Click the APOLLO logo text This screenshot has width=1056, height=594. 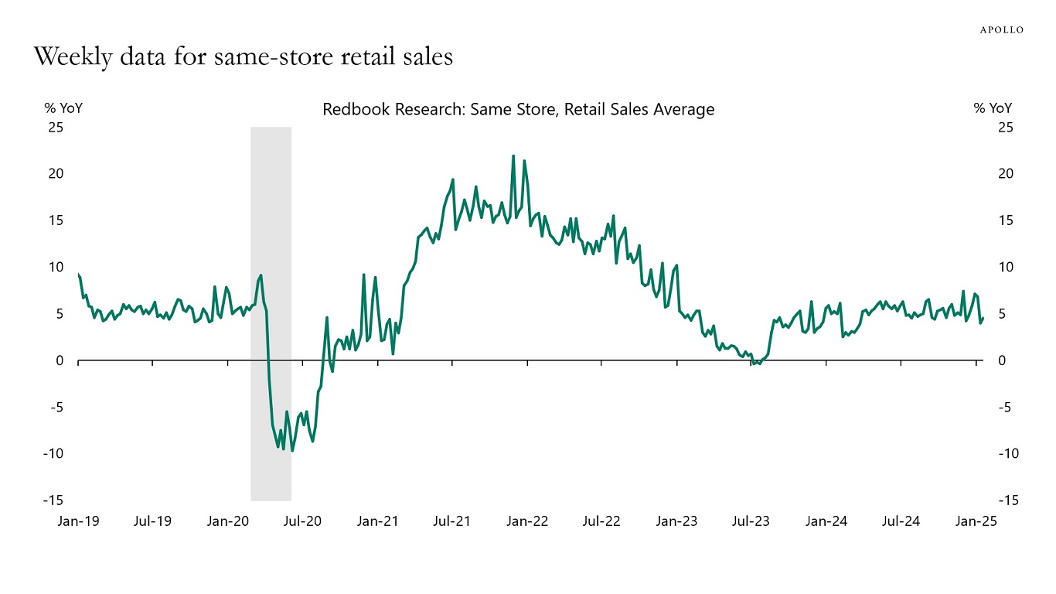1002,29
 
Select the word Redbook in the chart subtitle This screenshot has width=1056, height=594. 351,110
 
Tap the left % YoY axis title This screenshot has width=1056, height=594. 63,108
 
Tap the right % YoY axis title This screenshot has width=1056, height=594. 993,108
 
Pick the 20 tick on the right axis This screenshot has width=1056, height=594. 1006,173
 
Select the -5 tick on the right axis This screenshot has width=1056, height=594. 1004,407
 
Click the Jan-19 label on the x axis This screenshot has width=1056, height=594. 78,521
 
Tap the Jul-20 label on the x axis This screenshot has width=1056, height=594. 302,521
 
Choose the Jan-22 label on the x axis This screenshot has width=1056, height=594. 527,521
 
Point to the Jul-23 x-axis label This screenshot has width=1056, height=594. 751,521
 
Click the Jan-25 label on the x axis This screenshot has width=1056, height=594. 976,521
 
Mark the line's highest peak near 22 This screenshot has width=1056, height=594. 513,156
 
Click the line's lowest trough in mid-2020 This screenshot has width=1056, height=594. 291,450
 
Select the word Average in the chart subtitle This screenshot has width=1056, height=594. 684,110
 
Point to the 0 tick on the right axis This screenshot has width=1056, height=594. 1002,360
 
